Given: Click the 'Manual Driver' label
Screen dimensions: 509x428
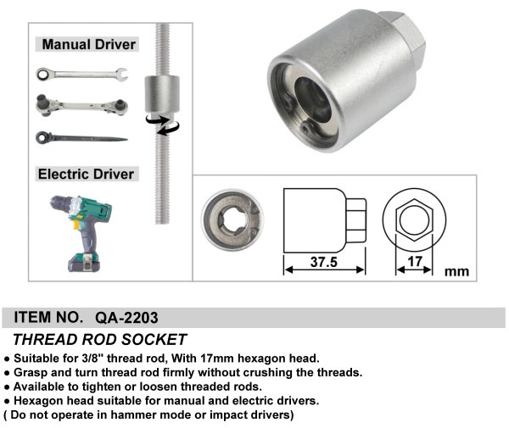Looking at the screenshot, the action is coord(88,44).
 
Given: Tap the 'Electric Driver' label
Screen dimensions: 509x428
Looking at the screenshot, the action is coord(86,174).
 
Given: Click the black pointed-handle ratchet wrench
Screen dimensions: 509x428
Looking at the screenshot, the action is coord(81,138).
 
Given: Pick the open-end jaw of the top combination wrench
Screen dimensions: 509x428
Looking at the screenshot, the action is coord(121,75).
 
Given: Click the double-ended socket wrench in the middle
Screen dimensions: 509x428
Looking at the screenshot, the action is coord(81,105).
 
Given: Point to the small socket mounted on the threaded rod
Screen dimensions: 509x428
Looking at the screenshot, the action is coord(162,94).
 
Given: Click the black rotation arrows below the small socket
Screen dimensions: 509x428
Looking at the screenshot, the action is coord(163,125).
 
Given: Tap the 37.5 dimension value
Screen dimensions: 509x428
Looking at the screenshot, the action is coord(324,262).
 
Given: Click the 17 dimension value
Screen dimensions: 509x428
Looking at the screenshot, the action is coord(415,261).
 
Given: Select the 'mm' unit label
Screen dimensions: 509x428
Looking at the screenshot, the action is coord(456,271).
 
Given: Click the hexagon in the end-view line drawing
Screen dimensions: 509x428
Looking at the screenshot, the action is coord(396,220).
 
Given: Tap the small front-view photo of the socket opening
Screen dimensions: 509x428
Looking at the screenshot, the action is coord(232,220).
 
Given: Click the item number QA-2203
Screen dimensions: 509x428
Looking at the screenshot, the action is coord(126,318).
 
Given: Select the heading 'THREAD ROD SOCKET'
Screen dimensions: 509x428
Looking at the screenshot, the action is coord(99,340).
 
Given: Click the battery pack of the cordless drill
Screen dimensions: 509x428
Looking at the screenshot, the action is coord(84,263).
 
